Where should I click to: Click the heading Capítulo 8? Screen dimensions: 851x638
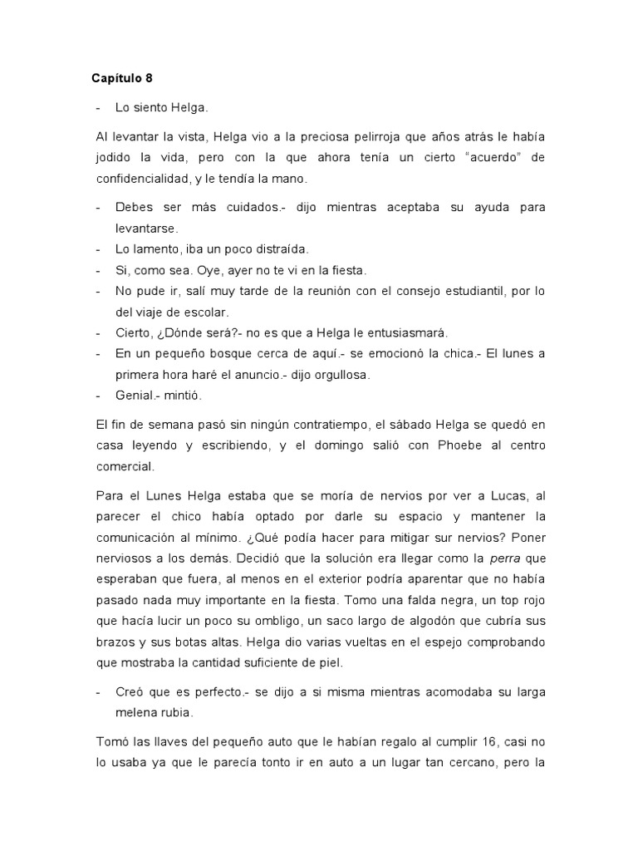point(122,79)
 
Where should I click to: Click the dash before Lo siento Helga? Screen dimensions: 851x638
point(100,108)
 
